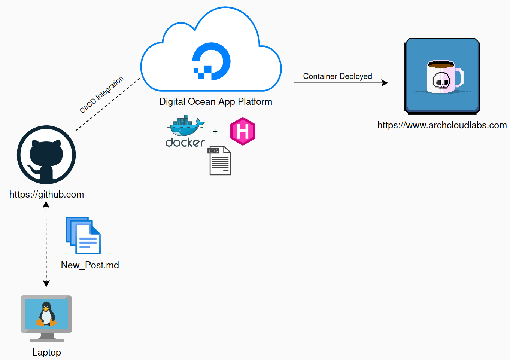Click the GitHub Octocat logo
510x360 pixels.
46,155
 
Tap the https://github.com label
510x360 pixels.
46,195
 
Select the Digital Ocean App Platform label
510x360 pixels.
215,102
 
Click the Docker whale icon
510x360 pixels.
185,126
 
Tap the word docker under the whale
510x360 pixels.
185,143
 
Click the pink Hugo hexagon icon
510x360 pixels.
243,131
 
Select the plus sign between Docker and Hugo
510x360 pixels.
215,132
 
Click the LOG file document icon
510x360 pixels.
220,161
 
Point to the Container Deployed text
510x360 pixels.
337,76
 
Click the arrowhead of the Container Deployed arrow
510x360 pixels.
385,83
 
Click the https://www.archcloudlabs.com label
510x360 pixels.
442,125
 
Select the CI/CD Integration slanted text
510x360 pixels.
101,95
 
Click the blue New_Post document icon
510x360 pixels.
84,235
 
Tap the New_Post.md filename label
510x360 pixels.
90,265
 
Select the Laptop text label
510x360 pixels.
46,353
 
